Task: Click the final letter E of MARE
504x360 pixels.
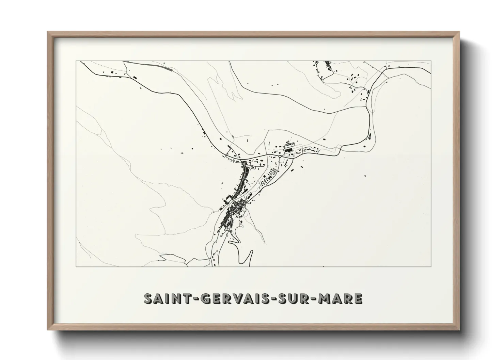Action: (x=358, y=299)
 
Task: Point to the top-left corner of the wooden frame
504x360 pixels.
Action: (x=48, y=32)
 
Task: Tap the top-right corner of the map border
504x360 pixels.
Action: (x=431, y=61)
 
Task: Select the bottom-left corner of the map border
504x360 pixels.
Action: (x=76, y=266)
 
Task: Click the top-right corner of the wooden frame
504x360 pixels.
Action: (x=459, y=32)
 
